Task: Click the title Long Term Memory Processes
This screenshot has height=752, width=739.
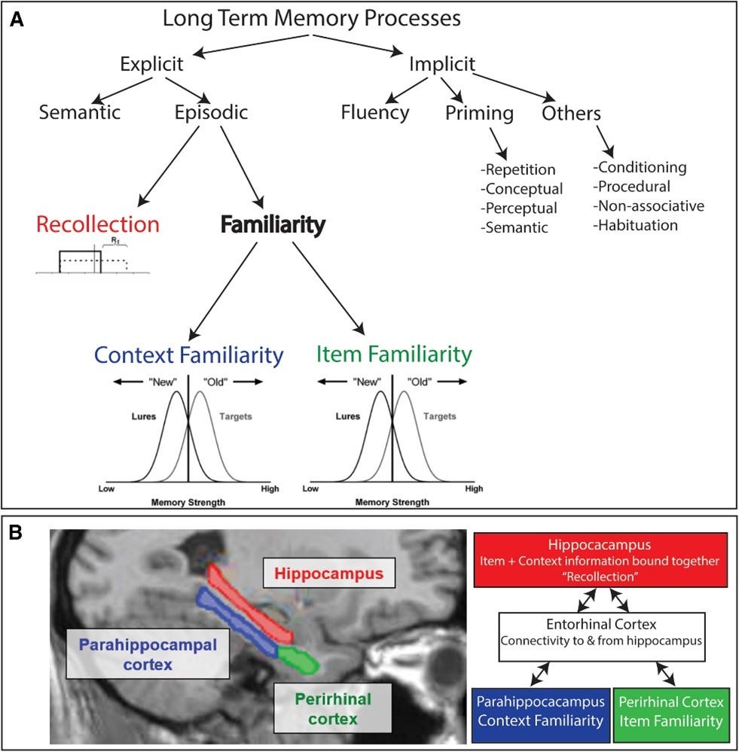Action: (311, 18)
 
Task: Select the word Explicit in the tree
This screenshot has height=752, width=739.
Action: (151, 64)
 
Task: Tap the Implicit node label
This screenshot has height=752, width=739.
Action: (442, 64)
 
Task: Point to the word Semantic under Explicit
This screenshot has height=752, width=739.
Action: (80, 112)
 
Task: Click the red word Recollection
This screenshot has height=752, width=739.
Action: (98, 224)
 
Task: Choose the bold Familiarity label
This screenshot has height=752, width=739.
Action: (273, 224)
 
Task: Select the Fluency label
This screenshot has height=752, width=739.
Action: (375, 113)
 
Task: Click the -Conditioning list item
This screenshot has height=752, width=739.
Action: (640, 167)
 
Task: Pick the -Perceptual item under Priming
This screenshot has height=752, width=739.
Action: (519, 209)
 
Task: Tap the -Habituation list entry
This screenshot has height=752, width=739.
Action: (635, 225)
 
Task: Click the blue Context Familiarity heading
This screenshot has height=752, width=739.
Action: (188, 355)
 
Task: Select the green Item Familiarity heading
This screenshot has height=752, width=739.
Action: (394, 355)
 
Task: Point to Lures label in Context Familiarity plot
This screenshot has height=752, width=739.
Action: (144, 416)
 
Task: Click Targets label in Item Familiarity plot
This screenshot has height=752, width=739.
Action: (440, 416)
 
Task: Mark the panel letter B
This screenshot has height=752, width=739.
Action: (15, 532)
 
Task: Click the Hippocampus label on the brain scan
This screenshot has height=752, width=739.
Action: (328, 573)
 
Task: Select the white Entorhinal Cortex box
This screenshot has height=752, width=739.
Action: (602, 636)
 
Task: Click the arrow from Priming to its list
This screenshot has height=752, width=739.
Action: (499, 144)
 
